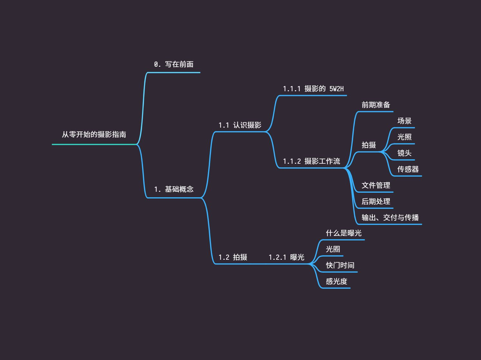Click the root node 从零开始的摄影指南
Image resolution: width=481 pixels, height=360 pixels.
(x=94, y=134)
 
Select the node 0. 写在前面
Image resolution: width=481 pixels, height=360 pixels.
(x=174, y=64)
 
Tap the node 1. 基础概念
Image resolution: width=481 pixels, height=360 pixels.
(x=174, y=189)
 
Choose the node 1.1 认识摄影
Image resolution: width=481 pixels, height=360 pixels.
(x=240, y=125)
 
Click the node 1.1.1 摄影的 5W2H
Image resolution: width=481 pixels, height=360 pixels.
(x=313, y=89)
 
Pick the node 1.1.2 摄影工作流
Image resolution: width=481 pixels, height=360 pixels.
(x=311, y=161)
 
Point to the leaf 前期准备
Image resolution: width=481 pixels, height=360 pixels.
(x=376, y=105)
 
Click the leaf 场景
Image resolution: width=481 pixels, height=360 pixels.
(x=404, y=121)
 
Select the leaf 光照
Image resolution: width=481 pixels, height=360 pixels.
(x=404, y=137)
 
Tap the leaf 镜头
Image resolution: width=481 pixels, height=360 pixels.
(x=404, y=153)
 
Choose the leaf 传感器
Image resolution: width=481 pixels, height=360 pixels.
(x=408, y=169)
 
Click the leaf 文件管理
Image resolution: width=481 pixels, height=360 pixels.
(x=376, y=185)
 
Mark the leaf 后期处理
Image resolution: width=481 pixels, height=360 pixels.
(x=376, y=201)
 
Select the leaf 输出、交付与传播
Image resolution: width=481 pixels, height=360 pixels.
(x=390, y=218)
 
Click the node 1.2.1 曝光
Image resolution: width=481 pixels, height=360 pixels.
(x=286, y=257)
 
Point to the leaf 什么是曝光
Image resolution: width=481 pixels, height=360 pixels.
(x=343, y=233)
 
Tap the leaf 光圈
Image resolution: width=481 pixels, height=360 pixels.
(x=333, y=249)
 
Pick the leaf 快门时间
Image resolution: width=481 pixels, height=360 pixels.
(x=340, y=265)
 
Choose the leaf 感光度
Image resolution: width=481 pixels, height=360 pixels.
(x=336, y=281)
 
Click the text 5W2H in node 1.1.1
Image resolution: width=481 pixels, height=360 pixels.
(x=336, y=89)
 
